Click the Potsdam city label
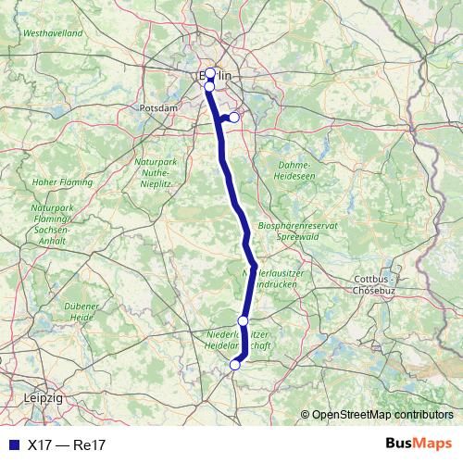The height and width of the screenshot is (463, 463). point(157,108)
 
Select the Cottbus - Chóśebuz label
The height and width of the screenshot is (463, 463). point(375,283)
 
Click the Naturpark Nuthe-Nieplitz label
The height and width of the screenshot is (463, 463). point(156,172)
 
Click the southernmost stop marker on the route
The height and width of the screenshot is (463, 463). point(234,365)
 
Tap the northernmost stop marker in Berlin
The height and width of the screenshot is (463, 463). point(210,73)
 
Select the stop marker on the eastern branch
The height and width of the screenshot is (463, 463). point(234,118)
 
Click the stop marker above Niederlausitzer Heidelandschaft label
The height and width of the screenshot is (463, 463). point(243,320)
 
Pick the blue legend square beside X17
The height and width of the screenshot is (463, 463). point(12,444)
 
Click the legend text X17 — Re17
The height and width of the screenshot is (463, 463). point(67,444)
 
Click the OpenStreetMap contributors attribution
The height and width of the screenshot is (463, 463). point(382,414)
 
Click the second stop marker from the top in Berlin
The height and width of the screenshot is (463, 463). point(209,86)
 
